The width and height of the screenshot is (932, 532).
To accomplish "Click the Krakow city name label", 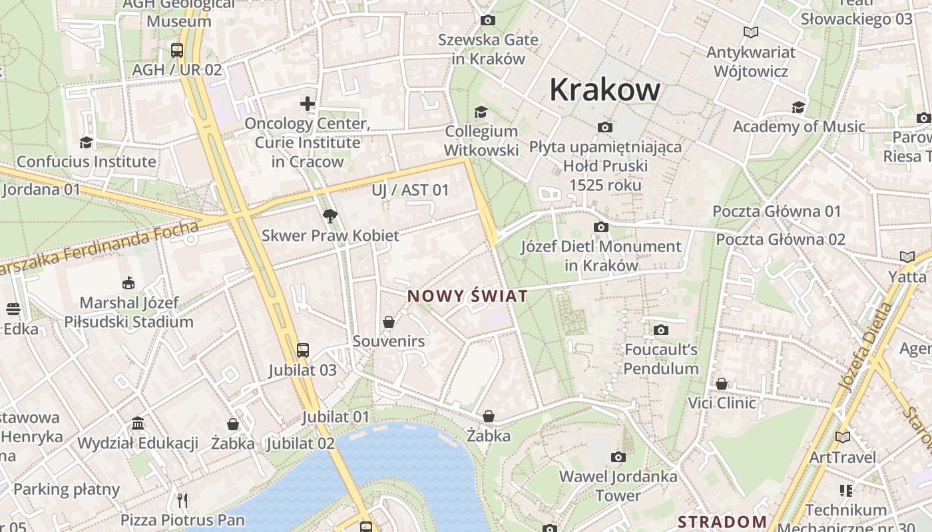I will [604, 90].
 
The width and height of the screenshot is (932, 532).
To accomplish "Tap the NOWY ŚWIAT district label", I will [467, 297].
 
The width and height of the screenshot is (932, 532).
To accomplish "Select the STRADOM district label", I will [722, 522].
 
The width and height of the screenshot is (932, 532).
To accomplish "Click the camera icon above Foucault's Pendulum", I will [661, 330].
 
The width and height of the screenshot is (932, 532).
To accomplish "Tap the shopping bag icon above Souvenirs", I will [389, 322].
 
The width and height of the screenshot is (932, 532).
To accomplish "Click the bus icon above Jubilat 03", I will [302, 350].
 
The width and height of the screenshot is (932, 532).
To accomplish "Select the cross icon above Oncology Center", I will [307, 103].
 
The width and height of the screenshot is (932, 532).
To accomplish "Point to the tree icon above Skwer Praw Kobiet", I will [330, 215].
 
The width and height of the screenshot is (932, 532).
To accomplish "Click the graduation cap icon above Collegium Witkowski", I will [481, 112].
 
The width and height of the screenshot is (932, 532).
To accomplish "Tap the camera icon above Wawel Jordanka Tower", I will [618, 457].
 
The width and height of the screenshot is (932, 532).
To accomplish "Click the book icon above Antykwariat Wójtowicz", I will [751, 32].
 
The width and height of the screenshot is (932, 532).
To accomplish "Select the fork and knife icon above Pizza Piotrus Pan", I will [182, 500].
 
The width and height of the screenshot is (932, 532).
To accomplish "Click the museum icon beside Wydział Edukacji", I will [138, 424].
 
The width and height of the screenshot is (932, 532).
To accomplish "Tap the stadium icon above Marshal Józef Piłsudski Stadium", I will [128, 283].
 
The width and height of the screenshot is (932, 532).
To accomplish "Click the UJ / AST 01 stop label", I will [410, 190].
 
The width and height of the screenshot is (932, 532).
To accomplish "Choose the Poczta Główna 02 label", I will [780, 239].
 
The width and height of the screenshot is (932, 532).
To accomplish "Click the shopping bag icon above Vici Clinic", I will [722, 384].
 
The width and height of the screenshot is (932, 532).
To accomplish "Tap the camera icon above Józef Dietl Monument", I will [601, 227].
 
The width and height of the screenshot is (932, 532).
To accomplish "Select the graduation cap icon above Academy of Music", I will [798, 107].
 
